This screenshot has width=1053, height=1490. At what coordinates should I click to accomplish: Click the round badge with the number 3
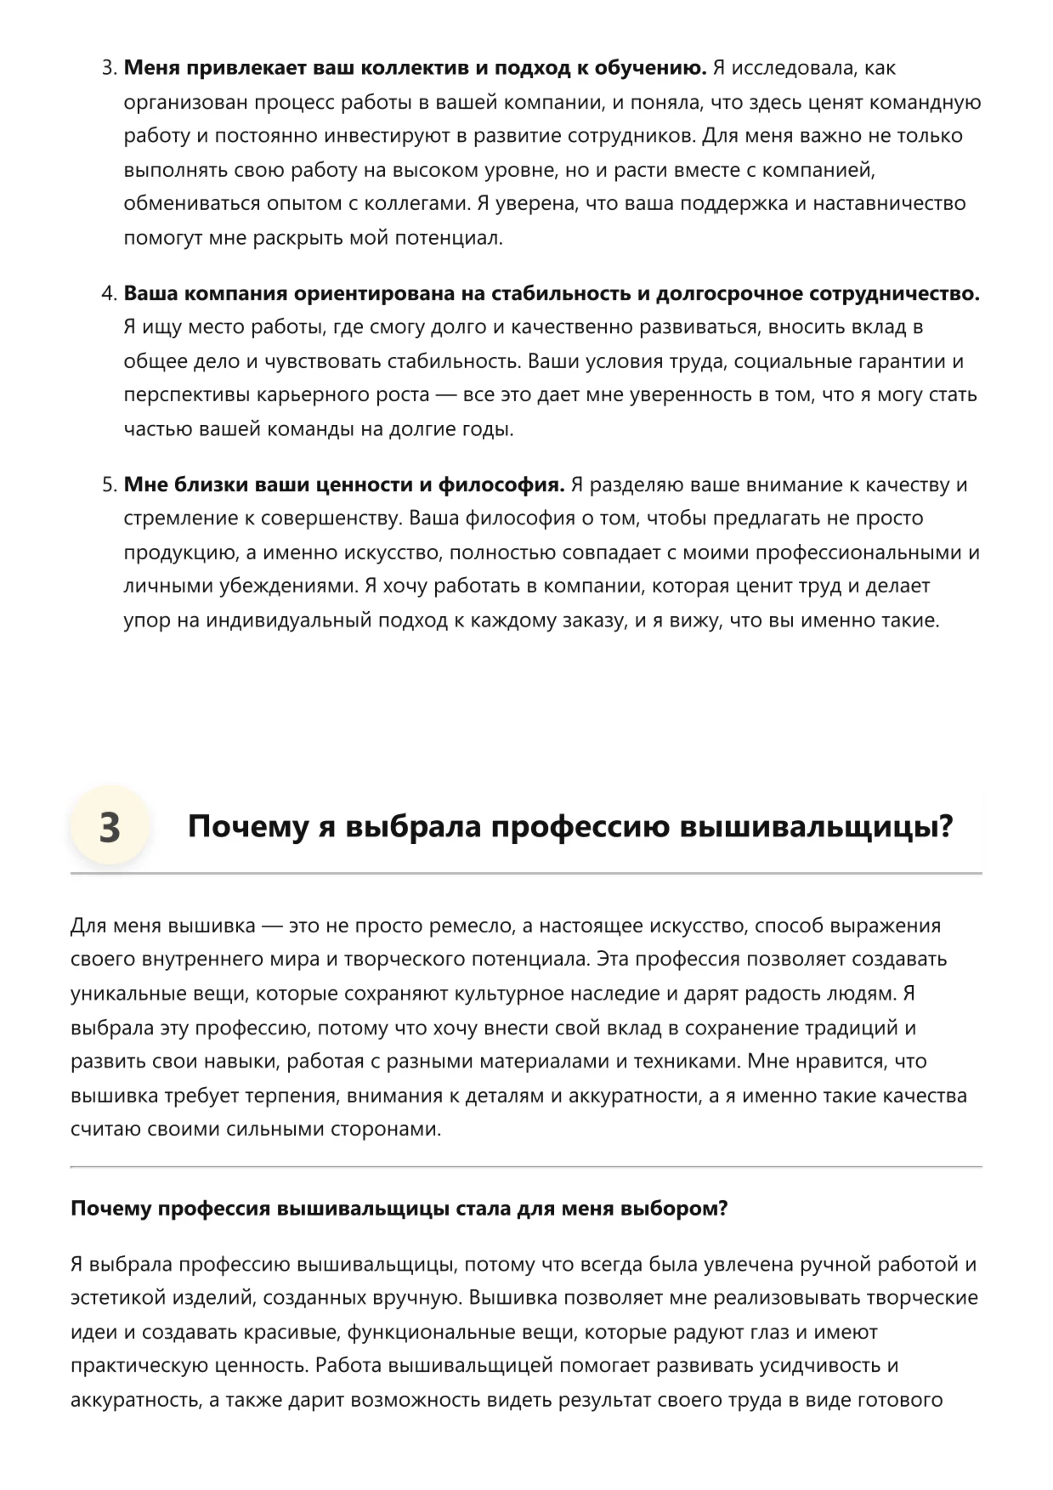click(110, 826)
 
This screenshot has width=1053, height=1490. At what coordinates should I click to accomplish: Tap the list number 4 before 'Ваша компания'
click(109, 294)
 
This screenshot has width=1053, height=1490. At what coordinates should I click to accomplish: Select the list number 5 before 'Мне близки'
click(109, 485)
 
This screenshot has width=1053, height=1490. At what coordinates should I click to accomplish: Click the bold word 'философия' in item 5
click(501, 485)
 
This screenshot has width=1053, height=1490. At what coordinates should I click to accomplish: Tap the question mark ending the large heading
click(946, 826)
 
